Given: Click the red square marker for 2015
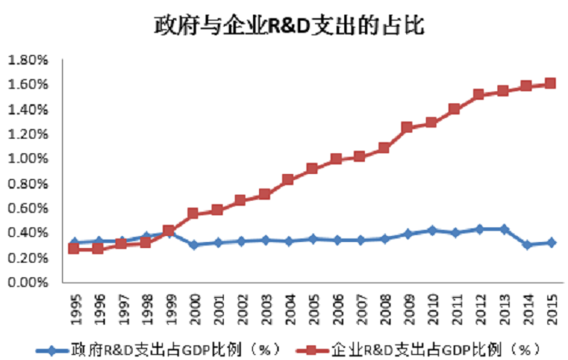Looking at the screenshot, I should pyautogui.click(x=551, y=84).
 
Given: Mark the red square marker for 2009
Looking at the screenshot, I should pyautogui.click(x=408, y=127).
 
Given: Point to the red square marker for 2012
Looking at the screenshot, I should pyautogui.click(x=479, y=95).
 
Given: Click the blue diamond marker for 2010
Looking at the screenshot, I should pyautogui.click(x=431, y=230).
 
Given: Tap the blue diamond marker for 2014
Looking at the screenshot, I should pyautogui.click(x=527, y=245).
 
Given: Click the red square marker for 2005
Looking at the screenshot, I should pyautogui.click(x=312, y=169).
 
